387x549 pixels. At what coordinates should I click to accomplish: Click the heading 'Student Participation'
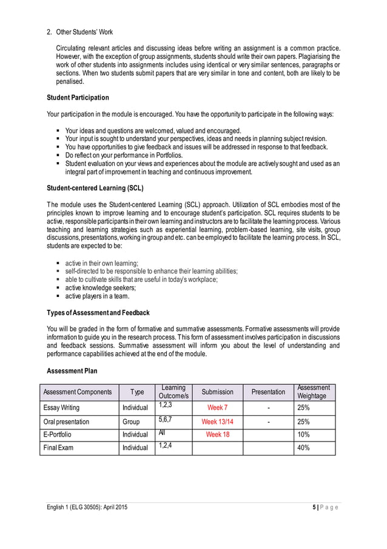tap(78, 98)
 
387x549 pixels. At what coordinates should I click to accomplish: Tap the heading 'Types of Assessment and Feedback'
tap(98, 312)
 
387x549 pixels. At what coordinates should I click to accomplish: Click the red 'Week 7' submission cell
tap(217, 407)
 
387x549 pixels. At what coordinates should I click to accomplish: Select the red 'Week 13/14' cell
tap(217, 421)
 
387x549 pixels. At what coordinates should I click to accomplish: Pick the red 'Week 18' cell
tap(217, 434)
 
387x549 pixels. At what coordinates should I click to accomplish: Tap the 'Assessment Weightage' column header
tap(314, 392)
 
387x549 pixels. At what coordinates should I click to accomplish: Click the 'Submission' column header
tap(217, 392)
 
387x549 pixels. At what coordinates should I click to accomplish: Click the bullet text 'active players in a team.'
tap(97, 296)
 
